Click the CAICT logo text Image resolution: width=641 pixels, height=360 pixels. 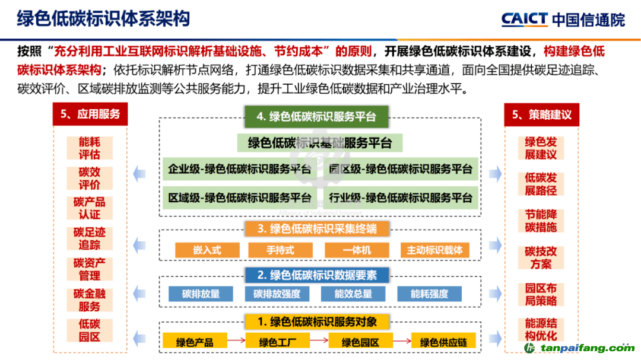(x=524, y=19)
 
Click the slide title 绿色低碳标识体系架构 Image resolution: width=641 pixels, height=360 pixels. (x=103, y=19)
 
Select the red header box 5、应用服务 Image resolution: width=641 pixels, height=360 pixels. (x=90, y=114)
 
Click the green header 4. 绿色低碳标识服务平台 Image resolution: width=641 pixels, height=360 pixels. (x=316, y=117)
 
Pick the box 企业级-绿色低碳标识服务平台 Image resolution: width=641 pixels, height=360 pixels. (x=240, y=169)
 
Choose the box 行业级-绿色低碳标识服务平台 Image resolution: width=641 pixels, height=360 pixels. (x=401, y=197)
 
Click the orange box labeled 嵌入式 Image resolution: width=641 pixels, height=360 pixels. (x=207, y=250)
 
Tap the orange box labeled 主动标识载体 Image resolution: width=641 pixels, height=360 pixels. (x=434, y=250)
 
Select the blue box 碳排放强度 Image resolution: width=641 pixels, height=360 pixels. (x=277, y=294)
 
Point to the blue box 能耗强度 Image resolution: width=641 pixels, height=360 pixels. (x=429, y=294)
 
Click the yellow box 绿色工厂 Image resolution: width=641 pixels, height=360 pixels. (x=278, y=342)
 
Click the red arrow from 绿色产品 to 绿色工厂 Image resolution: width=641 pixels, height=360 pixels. (x=236, y=340)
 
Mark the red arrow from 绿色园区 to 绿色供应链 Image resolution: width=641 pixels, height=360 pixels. (x=402, y=340)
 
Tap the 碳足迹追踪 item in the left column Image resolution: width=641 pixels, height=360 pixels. (x=90, y=238)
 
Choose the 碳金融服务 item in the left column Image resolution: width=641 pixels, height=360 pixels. (x=90, y=300)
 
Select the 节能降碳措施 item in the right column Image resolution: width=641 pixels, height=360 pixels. (x=541, y=221)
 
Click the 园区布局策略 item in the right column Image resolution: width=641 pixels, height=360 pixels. (x=541, y=295)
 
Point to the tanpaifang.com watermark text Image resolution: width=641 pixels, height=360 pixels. (x=587, y=348)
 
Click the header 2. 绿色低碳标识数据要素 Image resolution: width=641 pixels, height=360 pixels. (x=317, y=275)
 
